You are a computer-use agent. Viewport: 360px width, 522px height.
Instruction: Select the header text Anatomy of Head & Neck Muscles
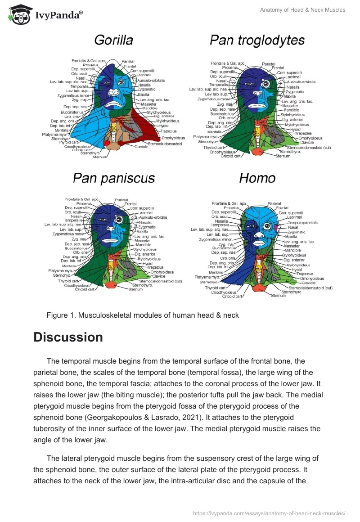302,10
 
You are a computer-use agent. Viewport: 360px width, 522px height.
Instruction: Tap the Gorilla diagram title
113,40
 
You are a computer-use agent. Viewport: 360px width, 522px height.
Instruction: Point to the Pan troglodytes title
257,40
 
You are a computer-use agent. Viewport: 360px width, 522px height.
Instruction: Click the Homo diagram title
257,178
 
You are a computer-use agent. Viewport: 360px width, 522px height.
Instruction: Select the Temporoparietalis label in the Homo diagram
303,222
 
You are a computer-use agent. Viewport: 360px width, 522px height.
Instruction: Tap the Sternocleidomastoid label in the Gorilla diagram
165,144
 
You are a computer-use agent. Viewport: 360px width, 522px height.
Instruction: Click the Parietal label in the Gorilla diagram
128,61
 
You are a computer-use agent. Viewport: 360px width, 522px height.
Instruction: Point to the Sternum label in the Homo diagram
278,296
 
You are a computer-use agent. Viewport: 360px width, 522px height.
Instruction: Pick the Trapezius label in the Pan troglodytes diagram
303,133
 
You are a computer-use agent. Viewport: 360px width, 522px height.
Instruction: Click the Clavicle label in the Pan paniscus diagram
158,276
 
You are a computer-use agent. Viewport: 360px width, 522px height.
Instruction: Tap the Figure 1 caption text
143,315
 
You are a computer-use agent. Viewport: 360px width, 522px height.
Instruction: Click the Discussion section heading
68,337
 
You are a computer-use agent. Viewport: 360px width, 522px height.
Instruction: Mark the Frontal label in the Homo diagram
283,208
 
